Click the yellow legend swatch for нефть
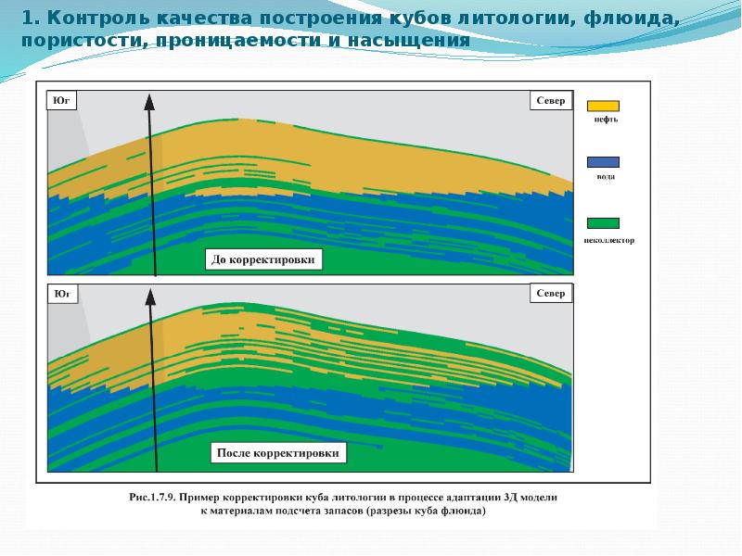603,106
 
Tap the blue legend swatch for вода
603,162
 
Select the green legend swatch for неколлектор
603,222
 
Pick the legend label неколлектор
609,240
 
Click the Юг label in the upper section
61,100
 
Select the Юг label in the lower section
61,294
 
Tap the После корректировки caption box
280,453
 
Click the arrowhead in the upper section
147,103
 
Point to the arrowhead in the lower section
148,297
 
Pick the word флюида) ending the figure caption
464,511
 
